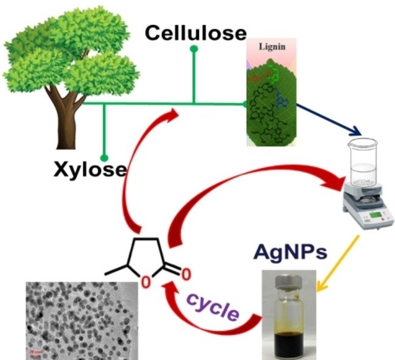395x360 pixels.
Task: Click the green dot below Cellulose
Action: coord(194,54)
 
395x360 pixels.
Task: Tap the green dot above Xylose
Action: coord(104,157)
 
